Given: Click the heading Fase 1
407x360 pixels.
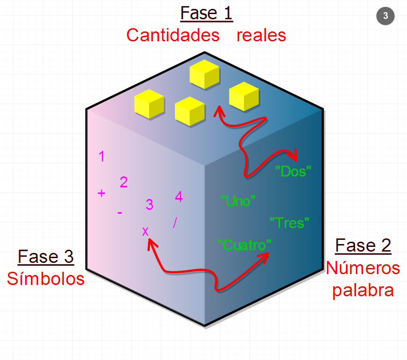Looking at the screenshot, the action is point(206,13).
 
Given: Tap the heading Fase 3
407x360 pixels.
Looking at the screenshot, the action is point(45,257).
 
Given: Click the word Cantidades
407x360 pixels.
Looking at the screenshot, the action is point(173,35).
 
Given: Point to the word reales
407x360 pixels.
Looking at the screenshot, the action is point(261,36).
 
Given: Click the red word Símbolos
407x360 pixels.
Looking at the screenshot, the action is point(45,279).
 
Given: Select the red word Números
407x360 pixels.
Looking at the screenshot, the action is point(363,268).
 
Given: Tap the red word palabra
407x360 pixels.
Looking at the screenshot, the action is point(363,291).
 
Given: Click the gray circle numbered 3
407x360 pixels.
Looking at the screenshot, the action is point(385,16).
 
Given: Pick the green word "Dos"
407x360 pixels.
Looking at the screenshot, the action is point(293,171).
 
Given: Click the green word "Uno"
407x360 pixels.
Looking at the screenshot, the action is point(238,201).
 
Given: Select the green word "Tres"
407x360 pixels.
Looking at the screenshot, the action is point(289,223).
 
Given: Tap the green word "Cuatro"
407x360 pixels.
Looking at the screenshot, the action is point(244,245).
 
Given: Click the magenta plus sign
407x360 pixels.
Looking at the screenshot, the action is point(101,193).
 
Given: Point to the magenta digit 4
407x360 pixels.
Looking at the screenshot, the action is point(179,197).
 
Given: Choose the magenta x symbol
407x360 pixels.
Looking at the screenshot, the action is point(145,231).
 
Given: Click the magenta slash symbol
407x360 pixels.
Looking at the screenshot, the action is point(175,222).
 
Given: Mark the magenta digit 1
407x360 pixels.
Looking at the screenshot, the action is point(102,156).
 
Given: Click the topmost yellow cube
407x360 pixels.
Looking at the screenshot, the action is point(204,74).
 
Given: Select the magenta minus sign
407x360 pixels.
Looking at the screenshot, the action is point(120,213).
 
